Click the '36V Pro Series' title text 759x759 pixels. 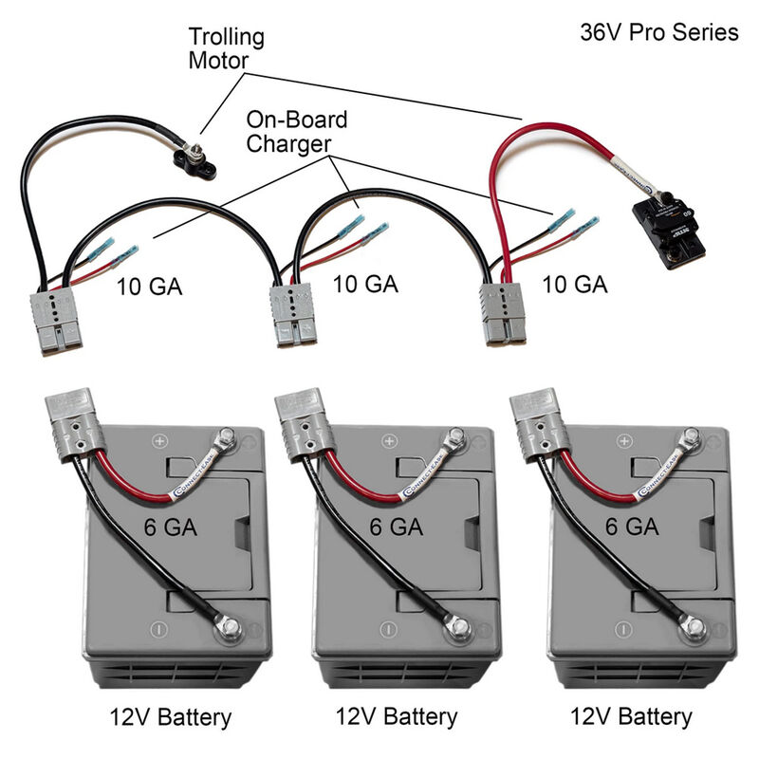tap(658, 32)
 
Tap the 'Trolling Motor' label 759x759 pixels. tap(226, 50)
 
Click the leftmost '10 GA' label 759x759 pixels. tap(149, 285)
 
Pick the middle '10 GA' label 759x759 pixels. tap(365, 285)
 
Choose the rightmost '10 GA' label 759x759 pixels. tap(574, 283)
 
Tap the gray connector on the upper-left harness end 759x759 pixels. tap(54, 320)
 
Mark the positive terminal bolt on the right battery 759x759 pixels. tap(691, 438)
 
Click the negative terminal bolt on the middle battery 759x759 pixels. tap(456, 625)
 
